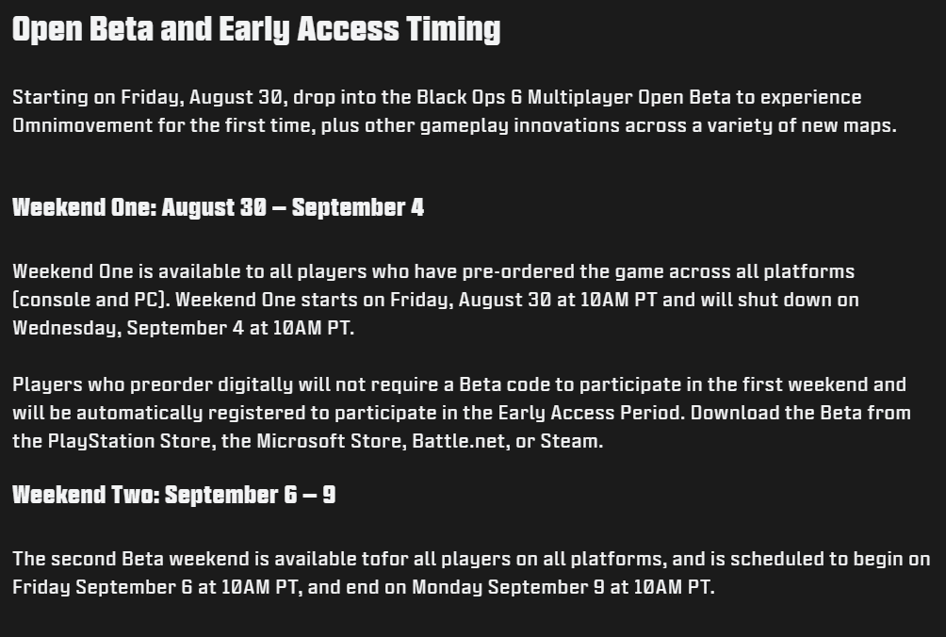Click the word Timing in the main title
click(x=453, y=29)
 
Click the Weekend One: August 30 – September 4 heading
click(x=219, y=207)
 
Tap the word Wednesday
click(x=67, y=328)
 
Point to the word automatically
click(x=139, y=414)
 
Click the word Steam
click(x=571, y=442)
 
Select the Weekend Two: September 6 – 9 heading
click(x=173, y=496)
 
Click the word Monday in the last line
click(x=447, y=588)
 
